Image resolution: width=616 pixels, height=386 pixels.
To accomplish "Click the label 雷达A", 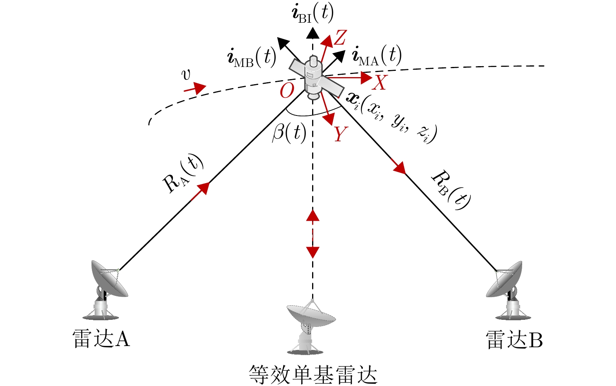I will coord(101,339).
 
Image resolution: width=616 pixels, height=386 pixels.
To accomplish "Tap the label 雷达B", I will coord(514,339).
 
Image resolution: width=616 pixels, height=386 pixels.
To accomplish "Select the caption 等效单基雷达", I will coord(313,375).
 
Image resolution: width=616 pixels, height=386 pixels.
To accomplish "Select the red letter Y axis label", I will coord(340,134).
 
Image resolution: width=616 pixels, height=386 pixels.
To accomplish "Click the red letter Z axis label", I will coord(339,38).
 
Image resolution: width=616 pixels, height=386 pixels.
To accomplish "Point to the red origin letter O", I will coord(287,91).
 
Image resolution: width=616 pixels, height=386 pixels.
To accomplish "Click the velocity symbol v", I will coord(187,74).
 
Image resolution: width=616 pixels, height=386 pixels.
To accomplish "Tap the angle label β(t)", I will coord(289,133).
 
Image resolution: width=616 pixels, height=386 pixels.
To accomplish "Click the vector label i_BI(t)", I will coord(312,13).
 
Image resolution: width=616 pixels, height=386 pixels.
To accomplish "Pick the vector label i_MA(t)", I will coord(377,56).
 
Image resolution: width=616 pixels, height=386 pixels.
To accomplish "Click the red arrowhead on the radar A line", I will coord(204,188).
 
